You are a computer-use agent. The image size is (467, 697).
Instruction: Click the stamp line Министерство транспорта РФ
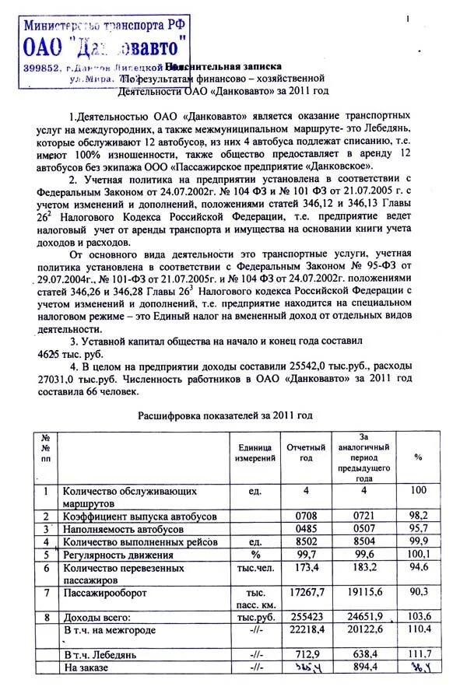pyautogui.click(x=105, y=24)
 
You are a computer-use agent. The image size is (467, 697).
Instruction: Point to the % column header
pyautogui.click(x=418, y=457)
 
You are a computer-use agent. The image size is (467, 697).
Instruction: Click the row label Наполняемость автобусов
pyautogui.click(x=123, y=529)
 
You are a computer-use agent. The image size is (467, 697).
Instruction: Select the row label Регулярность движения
pyautogui.click(x=118, y=555)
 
